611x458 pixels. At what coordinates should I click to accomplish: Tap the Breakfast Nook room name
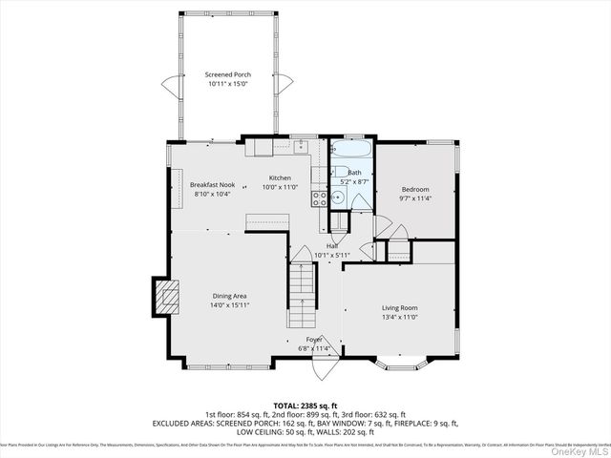click(x=212, y=184)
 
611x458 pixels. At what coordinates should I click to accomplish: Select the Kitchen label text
click(x=280, y=178)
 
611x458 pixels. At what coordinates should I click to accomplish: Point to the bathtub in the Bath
click(x=351, y=151)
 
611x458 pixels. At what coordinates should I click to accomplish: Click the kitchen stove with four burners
click(x=320, y=198)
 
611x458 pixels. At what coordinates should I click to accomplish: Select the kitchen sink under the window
click(x=299, y=147)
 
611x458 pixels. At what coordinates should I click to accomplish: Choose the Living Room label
click(x=400, y=307)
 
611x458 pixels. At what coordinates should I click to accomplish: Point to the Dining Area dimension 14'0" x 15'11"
click(x=230, y=305)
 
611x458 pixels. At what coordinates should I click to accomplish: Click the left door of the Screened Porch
click(x=169, y=88)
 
